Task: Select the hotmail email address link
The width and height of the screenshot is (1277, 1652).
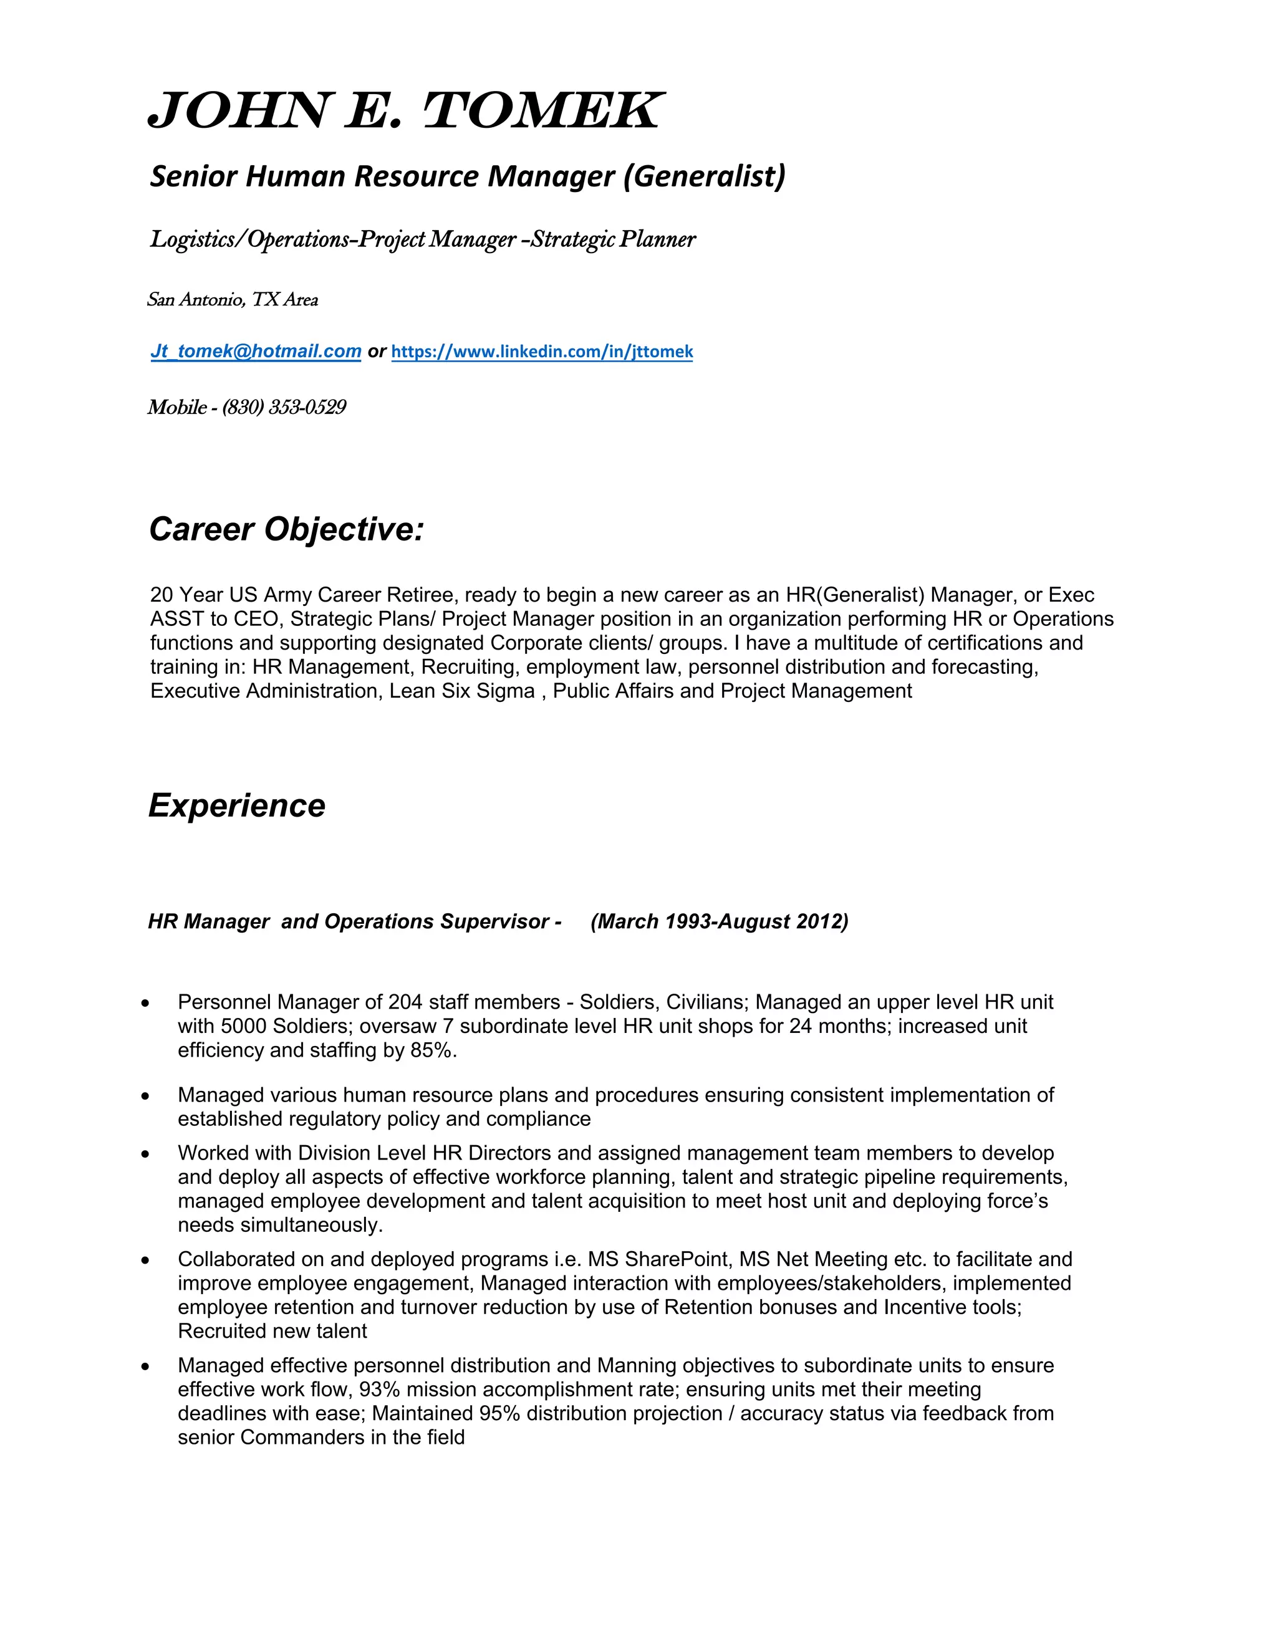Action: [256, 351]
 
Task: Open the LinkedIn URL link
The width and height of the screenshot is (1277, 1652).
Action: [542, 352]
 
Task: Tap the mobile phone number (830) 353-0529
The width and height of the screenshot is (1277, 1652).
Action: [284, 408]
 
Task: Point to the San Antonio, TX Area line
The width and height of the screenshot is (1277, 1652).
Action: [232, 300]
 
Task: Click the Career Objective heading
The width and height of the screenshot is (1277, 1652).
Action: [286, 529]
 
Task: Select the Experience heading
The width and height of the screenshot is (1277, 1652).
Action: [237, 805]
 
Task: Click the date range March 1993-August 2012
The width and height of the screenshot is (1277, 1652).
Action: [720, 921]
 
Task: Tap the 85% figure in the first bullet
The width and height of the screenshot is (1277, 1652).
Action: [433, 1050]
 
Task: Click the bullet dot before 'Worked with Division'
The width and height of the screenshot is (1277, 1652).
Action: [145, 1155]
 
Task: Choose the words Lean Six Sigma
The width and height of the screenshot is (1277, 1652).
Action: [461, 691]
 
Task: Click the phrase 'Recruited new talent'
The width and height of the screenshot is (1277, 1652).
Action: [272, 1332]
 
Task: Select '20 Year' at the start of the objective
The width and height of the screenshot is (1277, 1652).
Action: [186, 595]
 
